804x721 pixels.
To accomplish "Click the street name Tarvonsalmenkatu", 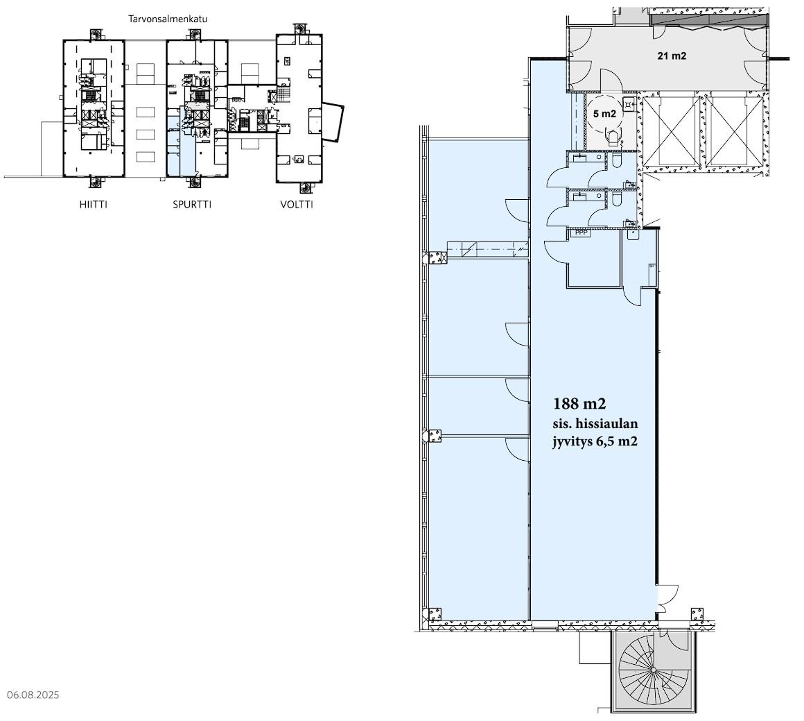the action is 168,19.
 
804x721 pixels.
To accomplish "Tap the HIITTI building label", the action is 94,205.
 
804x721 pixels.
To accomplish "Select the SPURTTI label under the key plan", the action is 192,205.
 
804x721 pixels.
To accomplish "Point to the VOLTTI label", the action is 297,205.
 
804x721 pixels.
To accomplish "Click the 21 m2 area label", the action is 672,56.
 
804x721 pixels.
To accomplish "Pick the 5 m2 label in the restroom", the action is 604,114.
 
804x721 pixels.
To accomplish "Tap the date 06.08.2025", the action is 33,695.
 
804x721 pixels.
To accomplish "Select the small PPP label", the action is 582,232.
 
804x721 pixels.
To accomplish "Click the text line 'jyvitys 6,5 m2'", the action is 595,441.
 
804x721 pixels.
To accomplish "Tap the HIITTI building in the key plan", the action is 94,108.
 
